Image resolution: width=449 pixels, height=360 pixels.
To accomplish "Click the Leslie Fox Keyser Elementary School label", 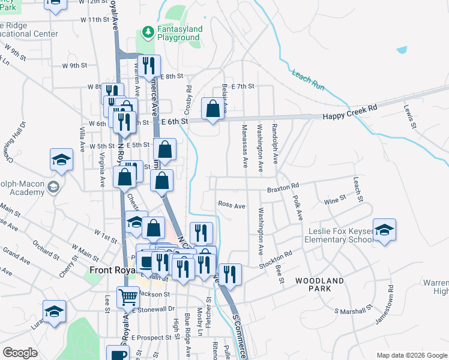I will click(340, 235).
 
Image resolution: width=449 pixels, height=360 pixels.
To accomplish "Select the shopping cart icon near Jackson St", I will click(128, 296).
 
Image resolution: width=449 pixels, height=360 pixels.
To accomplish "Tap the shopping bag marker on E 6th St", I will click(212, 109).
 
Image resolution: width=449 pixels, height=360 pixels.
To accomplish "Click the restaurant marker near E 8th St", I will click(148, 66).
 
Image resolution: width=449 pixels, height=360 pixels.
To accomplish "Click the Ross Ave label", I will click(231, 205).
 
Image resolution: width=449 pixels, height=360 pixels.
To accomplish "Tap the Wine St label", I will click(335, 197).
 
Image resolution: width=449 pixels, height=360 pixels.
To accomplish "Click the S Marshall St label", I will click(354, 311).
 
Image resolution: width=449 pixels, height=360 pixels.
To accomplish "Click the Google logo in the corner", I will click(20, 353).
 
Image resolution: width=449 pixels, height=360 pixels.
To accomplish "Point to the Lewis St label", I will click(410, 117).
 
